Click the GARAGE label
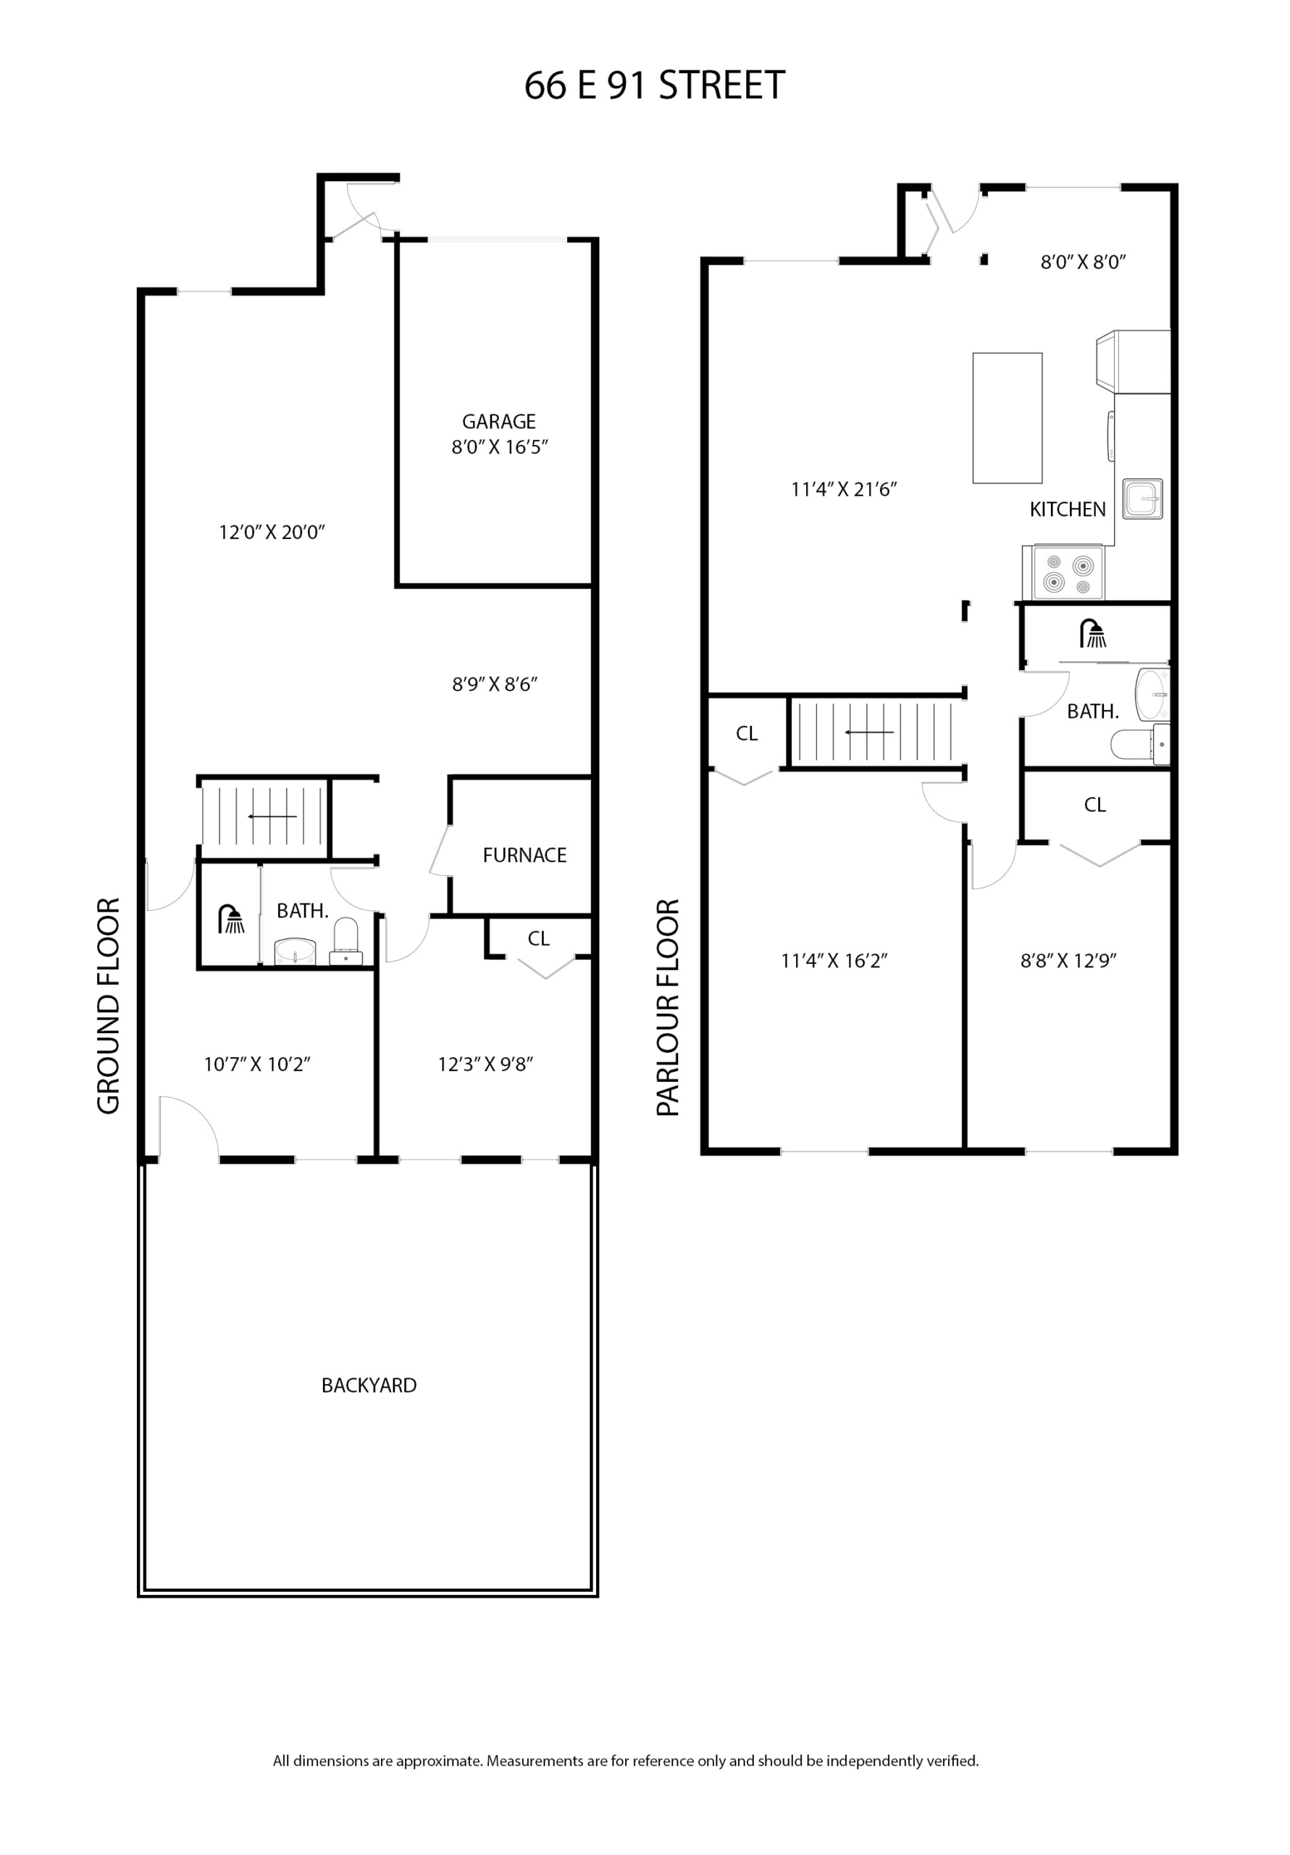[x=498, y=421]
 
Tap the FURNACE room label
[x=524, y=855]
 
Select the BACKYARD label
[x=369, y=1385]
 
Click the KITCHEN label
[x=1067, y=509]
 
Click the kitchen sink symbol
[x=1142, y=499]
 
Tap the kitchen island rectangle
[x=1007, y=417]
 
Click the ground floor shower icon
[x=232, y=920]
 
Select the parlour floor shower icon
[x=1093, y=633]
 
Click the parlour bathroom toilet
[x=1139, y=744]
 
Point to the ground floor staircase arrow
[x=272, y=816]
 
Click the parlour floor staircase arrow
[x=869, y=732]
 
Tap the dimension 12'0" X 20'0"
[x=272, y=532]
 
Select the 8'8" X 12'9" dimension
[x=1068, y=960]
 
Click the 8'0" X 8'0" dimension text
[x=1082, y=262]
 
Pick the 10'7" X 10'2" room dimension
[x=257, y=1064]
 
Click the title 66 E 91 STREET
[x=654, y=86]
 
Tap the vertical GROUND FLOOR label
[x=108, y=1005]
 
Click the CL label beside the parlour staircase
[x=746, y=733]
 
